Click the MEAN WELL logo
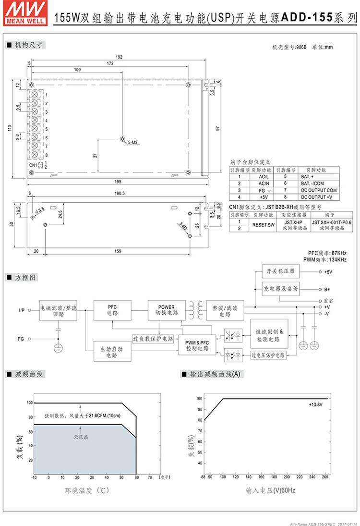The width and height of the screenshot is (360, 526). pos(25,12)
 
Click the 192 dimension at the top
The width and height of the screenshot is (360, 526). pos(119,57)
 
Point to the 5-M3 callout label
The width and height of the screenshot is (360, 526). pos(133,143)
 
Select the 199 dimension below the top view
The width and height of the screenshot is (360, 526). pos(118,182)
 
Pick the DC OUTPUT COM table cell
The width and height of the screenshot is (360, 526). pos(319,190)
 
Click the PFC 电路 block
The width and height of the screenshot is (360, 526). pos(112,310)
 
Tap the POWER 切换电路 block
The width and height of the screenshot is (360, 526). pos(166,310)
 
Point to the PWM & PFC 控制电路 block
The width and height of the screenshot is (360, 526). pos(197,345)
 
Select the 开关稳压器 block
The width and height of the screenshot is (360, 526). pos(280,271)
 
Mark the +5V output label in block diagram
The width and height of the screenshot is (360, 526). pos(328,272)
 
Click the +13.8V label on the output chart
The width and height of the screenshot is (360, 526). pos(316,405)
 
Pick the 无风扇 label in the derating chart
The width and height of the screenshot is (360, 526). pos(80,438)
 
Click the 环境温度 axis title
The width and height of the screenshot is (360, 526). pos(85,490)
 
